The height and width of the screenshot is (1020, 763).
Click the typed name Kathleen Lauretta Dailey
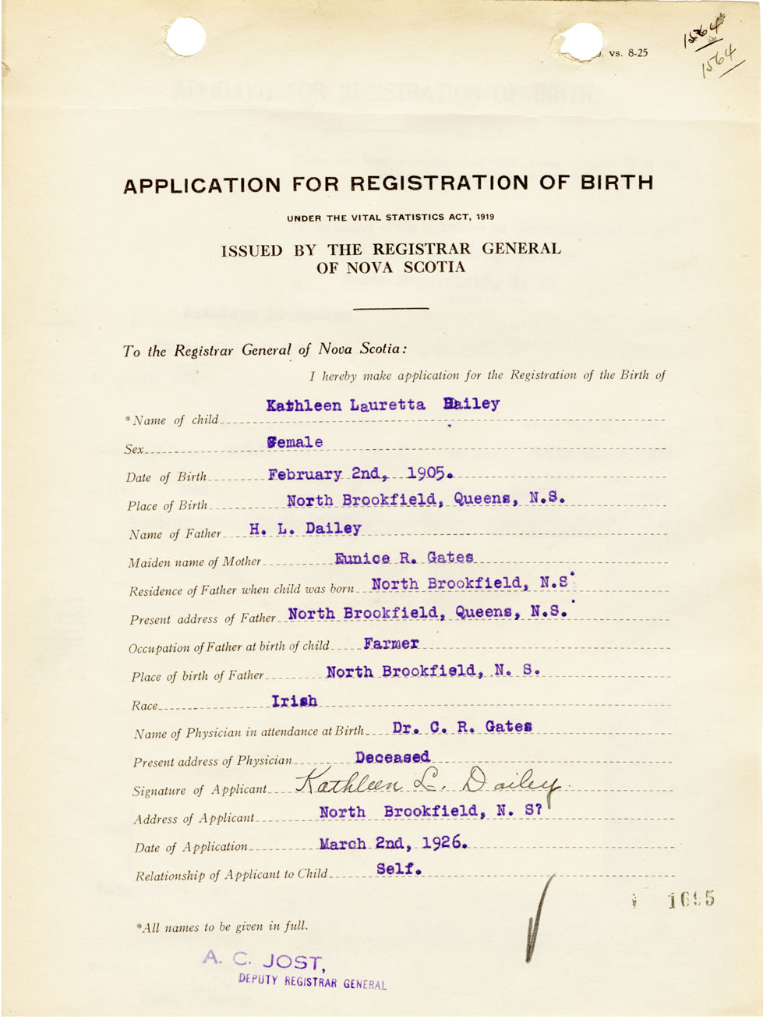383,405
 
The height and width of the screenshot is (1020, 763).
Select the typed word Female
294,442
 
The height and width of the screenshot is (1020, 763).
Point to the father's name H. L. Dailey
306,529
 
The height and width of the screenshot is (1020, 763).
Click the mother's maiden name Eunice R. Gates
404,558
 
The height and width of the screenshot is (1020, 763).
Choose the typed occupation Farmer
391,644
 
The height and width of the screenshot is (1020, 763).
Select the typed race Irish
295,701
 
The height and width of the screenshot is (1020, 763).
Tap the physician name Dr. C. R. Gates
462,727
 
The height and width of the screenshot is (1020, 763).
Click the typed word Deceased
392,757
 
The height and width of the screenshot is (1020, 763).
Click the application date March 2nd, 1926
394,843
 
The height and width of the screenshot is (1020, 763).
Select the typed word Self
399,869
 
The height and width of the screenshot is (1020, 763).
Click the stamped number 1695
691,901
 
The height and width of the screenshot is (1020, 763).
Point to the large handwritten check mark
538,920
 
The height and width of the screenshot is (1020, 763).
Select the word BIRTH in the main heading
616,183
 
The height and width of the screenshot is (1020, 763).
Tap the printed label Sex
134,450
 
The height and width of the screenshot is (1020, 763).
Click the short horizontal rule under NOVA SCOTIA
390,309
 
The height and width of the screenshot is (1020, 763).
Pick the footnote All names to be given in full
222,926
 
